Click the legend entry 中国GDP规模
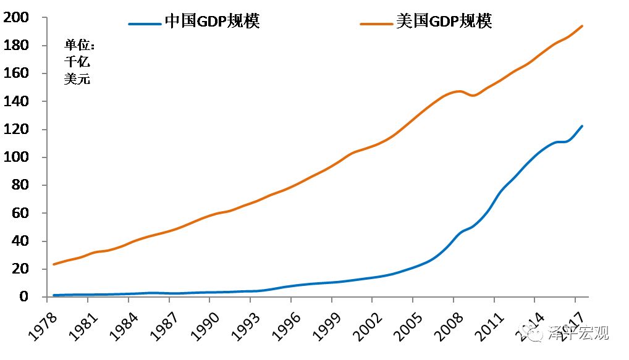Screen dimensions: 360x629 (212, 22)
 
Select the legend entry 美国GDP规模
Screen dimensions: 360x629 (444, 22)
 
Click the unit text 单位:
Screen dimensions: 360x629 (80, 45)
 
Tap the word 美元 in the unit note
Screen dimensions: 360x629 (77, 79)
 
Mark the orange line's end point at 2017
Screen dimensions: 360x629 (582, 26)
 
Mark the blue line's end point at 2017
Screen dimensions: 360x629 (582, 126)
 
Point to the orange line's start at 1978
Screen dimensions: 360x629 (54, 264)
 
